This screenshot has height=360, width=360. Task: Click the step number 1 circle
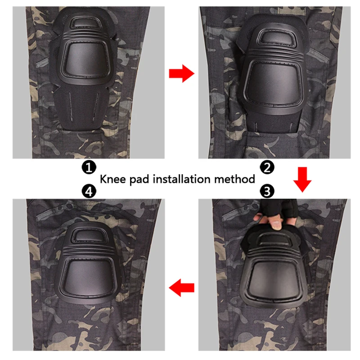click(89, 167)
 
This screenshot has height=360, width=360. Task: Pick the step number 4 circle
click(89, 192)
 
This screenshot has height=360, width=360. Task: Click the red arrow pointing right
click(181, 74)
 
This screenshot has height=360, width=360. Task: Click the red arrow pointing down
click(302, 180)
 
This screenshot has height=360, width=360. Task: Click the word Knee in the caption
click(114, 180)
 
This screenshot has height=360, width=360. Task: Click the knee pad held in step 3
click(274, 270)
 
